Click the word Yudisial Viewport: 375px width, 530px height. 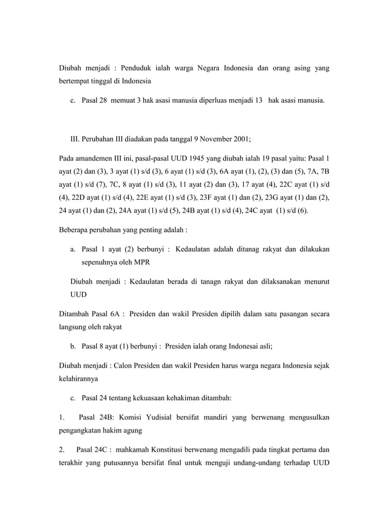click(156, 418)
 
